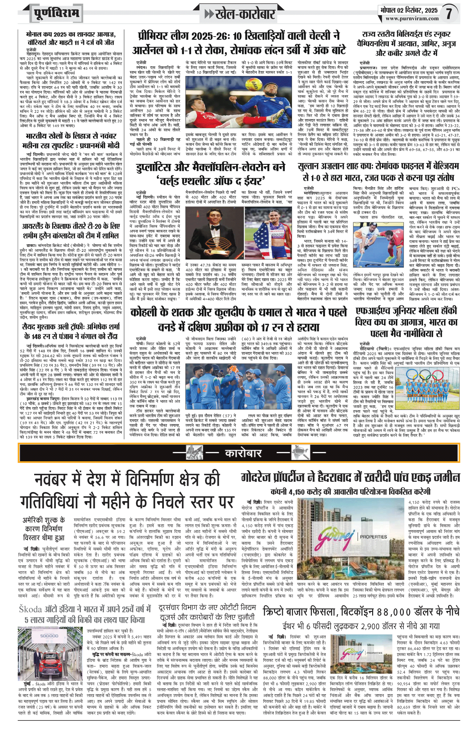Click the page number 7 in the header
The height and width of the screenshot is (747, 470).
tap(449, 14)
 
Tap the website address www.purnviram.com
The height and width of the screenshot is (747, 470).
tap(412, 19)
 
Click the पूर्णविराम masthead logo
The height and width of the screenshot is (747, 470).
tap(56, 14)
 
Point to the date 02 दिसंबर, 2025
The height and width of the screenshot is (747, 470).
tap(417, 10)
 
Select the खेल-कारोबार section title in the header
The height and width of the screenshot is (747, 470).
tap(245, 14)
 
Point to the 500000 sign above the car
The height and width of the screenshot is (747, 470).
tap(49, 636)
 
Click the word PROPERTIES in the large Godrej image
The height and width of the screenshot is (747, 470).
tap(373, 537)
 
